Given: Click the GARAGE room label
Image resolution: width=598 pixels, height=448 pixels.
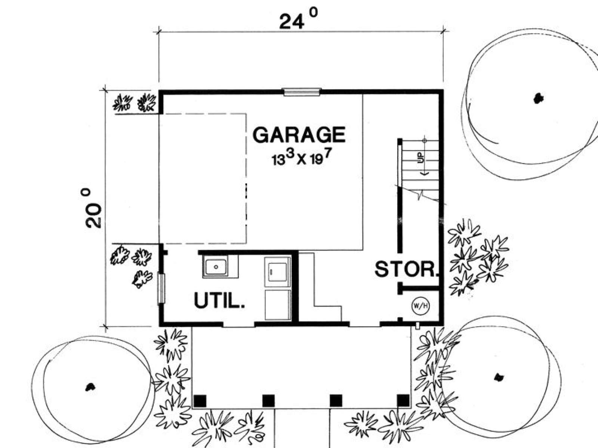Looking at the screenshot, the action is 299,135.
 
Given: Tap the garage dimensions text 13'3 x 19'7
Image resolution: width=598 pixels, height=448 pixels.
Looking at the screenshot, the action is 302,158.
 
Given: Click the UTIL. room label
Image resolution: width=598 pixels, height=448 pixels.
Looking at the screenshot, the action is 219,300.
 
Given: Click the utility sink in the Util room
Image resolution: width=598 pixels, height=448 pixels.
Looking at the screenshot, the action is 216,267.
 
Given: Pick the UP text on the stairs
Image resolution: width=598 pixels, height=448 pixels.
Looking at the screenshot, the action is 421,158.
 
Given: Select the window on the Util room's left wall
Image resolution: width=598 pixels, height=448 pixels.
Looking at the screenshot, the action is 161,288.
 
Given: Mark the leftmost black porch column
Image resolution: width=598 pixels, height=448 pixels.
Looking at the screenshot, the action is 200,401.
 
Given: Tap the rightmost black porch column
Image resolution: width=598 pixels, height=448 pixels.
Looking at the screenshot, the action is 403,401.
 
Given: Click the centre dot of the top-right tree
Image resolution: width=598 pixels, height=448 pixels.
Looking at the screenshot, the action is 538,99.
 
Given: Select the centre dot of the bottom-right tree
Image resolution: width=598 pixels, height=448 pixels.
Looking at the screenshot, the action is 499,377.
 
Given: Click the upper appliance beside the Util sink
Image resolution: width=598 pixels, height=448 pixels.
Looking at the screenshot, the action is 278,272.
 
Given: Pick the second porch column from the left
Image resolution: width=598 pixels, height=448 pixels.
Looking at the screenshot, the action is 268,401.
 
